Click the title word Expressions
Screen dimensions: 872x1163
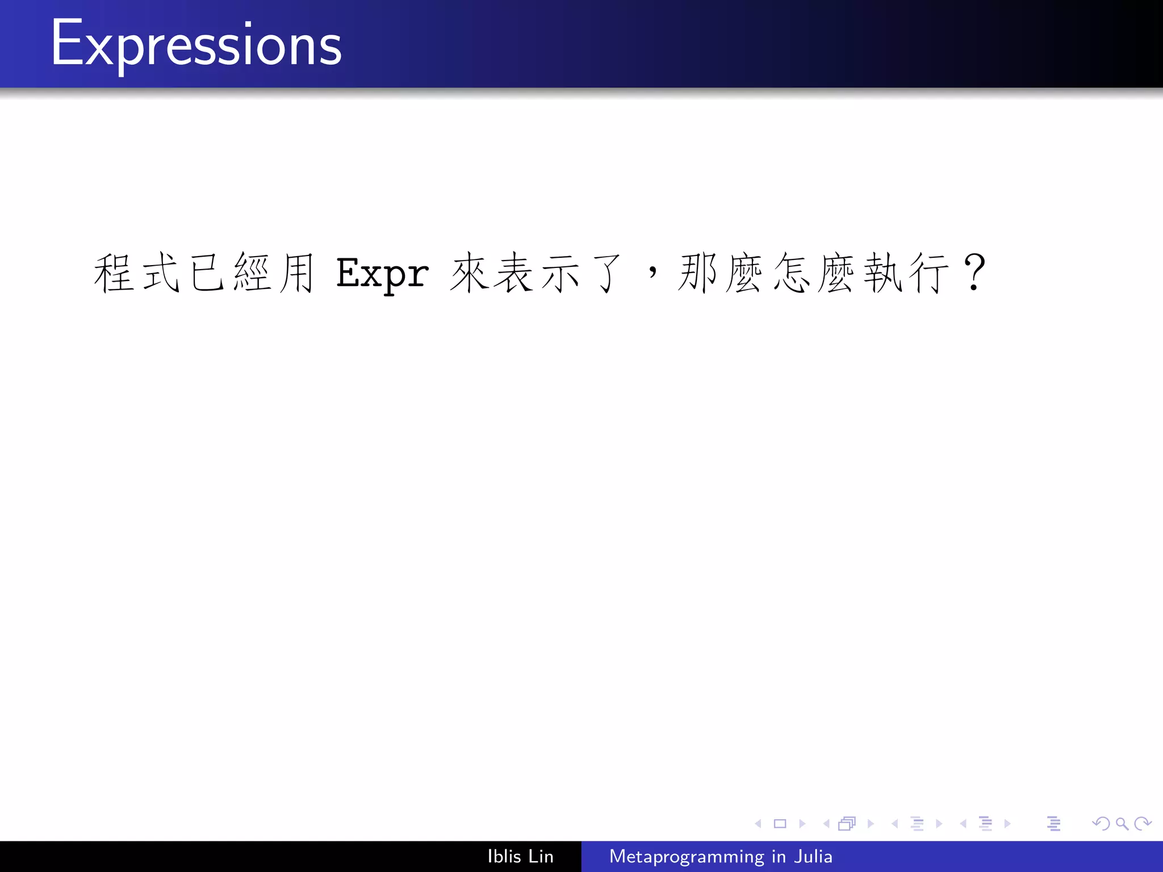(x=196, y=44)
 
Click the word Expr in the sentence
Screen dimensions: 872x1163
(x=382, y=274)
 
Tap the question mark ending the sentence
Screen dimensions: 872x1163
(x=974, y=272)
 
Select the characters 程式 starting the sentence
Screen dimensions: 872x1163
(x=137, y=274)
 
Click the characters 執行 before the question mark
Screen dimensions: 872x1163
(x=906, y=274)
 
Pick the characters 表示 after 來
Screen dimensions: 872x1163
(x=536, y=274)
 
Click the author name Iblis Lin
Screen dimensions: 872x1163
(x=520, y=856)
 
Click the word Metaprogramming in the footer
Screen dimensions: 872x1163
(x=687, y=856)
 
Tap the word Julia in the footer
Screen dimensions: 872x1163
(x=813, y=856)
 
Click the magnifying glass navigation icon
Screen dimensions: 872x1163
(x=1122, y=823)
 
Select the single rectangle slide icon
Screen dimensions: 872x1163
(x=780, y=823)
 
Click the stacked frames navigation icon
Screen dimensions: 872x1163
(x=847, y=823)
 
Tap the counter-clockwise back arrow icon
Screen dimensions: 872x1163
(x=1101, y=823)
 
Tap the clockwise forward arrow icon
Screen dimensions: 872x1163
(x=1143, y=823)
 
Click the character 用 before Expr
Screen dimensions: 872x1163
(x=297, y=274)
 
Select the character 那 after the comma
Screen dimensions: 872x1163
(x=697, y=274)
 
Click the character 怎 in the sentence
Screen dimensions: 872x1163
(x=791, y=274)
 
